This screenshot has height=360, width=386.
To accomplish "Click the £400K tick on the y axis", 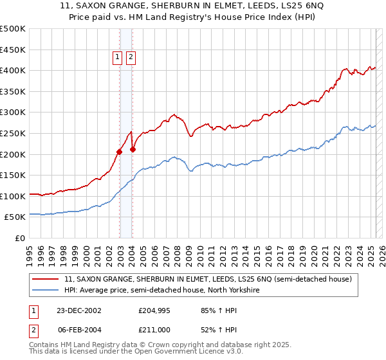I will (14, 70).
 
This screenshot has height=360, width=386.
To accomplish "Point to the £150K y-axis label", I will (14, 175).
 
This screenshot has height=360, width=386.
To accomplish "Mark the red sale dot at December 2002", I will (120, 152).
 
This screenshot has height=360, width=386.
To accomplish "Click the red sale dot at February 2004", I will (133, 150).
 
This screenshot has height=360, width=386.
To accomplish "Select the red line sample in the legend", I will (47, 280).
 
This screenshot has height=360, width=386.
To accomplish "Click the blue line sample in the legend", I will (47, 291).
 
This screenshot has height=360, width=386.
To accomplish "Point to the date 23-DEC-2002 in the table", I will (78, 310).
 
